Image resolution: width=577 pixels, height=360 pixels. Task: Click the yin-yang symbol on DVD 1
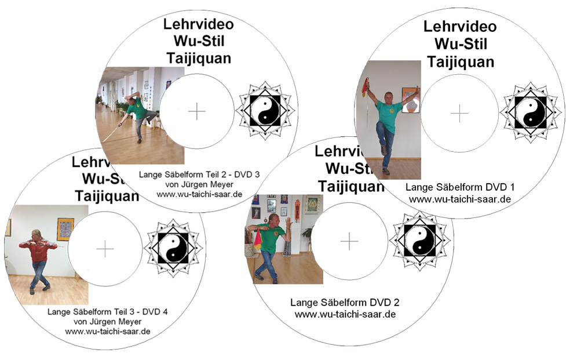tap(531, 112)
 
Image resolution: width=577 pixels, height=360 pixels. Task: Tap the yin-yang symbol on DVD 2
tap(419, 241)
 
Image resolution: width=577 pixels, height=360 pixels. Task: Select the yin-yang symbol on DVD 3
tap(265, 111)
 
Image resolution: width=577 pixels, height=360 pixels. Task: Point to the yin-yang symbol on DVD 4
tap(173, 248)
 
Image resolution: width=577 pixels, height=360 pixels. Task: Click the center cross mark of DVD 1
tap(459, 113)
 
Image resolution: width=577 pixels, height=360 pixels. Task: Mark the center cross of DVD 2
tap(349, 242)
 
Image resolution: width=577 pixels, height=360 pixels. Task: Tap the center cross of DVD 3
tap(197, 111)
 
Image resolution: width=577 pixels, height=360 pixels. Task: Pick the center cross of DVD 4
tap(105, 249)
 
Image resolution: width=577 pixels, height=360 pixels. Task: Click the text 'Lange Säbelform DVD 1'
tap(460, 187)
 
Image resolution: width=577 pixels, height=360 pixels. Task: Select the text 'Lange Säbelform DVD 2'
tap(345, 303)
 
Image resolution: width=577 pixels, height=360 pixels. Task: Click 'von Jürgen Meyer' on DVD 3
tap(199, 184)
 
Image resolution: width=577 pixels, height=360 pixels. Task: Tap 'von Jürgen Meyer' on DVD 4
tap(107, 321)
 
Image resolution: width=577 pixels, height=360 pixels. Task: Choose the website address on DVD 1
tap(460, 199)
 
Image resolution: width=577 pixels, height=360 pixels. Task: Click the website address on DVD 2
tap(345, 314)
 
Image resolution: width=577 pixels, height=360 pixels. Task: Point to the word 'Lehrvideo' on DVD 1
tap(460, 27)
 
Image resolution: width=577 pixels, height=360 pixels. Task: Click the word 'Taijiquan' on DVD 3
tap(199, 58)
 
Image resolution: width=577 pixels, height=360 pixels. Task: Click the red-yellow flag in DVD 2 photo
tap(258, 239)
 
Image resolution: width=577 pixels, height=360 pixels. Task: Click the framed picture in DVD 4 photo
tap(65, 229)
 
